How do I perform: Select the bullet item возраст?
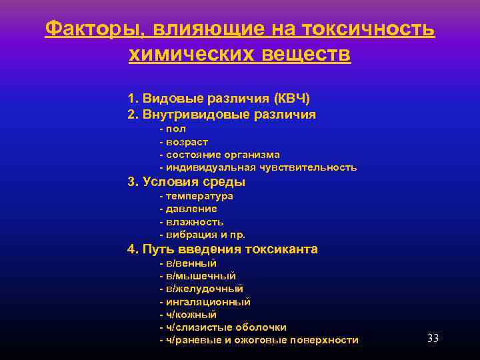[184, 142]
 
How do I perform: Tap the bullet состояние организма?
[219, 155]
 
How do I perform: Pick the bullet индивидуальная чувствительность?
[258, 167]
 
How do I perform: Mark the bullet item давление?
[188, 209]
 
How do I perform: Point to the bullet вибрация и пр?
[202, 235]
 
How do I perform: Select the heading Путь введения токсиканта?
[222, 249]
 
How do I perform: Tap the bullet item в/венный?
[188, 264]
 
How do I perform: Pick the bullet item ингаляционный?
[205, 302]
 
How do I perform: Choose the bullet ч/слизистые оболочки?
[223, 327]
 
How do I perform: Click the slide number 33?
[433, 339]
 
